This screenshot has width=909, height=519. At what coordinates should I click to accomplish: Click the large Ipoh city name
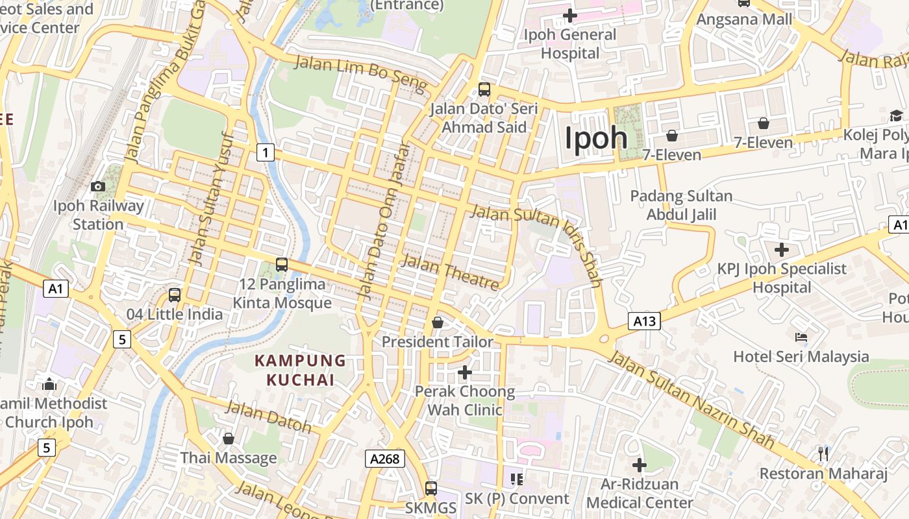pyautogui.click(x=596, y=138)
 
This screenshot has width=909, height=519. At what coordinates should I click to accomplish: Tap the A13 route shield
pyautogui.click(x=644, y=320)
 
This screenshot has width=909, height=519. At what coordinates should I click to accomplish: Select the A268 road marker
pyautogui.click(x=384, y=459)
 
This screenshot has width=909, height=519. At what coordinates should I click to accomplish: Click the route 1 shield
pyautogui.click(x=265, y=152)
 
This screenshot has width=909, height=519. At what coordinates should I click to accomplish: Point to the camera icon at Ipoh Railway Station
pyautogui.click(x=98, y=187)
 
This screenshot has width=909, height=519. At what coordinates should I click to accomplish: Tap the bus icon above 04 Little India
pyautogui.click(x=175, y=295)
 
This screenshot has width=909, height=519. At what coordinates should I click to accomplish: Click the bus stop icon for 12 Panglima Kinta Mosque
pyautogui.click(x=281, y=264)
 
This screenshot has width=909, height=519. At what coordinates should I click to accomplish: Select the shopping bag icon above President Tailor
pyautogui.click(x=438, y=322)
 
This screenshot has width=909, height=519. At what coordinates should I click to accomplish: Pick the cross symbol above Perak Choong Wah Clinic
pyautogui.click(x=465, y=372)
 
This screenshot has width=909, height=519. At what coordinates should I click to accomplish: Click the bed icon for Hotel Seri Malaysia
pyautogui.click(x=801, y=337)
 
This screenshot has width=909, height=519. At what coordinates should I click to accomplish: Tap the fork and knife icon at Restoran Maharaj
pyautogui.click(x=823, y=453)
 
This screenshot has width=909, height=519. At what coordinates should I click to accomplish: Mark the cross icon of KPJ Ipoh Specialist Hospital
pyautogui.click(x=782, y=249)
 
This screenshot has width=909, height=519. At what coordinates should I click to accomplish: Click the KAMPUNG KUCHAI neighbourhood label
pyautogui.click(x=300, y=370)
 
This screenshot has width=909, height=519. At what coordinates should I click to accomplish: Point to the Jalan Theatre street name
pyautogui.click(x=451, y=272)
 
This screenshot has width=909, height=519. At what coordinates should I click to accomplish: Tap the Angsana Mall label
pyautogui.click(x=744, y=19)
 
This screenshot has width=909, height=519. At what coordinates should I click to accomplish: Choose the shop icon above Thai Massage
pyautogui.click(x=228, y=439)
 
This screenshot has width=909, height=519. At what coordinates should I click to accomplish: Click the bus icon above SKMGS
pyautogui.click(x=431, y=489)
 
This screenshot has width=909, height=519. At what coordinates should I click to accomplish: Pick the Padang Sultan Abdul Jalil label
pyautogui.click(x=681, y=204)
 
